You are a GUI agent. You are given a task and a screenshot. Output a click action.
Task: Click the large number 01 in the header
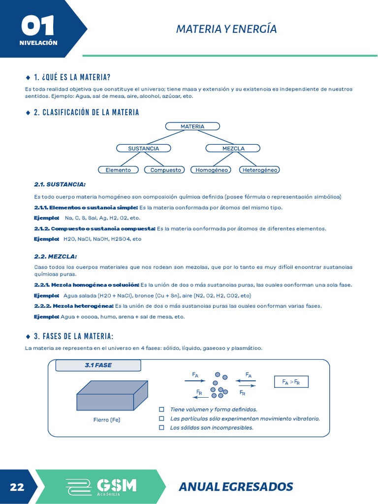37,26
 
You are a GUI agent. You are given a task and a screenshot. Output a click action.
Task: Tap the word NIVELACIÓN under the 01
38,43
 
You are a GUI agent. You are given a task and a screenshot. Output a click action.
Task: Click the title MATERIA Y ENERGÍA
226,29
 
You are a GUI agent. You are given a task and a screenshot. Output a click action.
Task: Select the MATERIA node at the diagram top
192,126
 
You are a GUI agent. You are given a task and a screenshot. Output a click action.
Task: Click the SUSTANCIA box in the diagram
143,148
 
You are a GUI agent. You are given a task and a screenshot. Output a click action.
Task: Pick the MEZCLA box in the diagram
233,148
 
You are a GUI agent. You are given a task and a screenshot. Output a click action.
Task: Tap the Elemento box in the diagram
118,170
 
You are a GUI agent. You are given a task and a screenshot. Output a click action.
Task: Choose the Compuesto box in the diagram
165,170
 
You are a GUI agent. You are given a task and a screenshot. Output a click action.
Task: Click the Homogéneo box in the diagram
212,170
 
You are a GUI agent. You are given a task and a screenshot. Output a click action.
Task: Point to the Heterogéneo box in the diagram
259,170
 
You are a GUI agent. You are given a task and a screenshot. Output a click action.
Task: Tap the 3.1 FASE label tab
98,366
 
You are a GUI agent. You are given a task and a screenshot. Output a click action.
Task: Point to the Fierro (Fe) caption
107,420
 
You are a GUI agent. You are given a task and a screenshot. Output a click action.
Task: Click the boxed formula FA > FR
291,382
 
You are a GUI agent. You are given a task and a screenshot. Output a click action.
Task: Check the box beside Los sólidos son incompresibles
161,428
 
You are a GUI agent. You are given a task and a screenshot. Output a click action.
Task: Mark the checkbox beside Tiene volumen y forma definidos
161,409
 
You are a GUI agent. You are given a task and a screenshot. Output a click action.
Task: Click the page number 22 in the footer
17,487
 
